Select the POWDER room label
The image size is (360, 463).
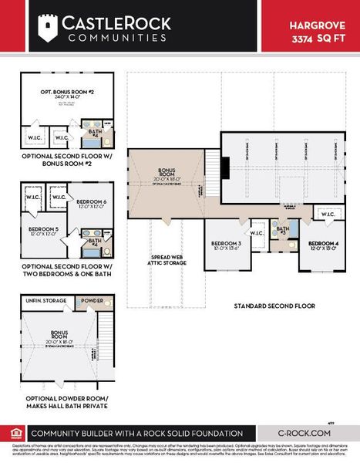pos(92,300)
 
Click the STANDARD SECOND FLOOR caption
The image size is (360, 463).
pos(274,306)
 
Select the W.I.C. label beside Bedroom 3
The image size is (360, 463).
pos(256,232)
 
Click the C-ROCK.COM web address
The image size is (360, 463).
pos(304,433)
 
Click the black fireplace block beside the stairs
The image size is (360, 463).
pos(225,168)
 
